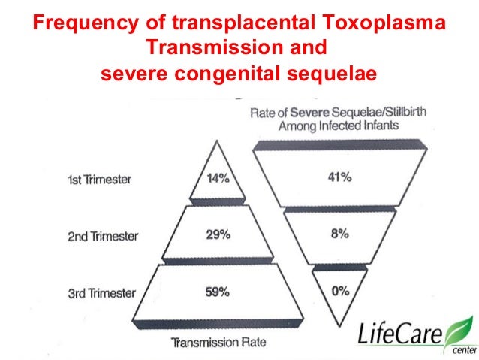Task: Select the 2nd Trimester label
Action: (103, 236)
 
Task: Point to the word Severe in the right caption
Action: (318, 113)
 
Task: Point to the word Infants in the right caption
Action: (377, 126)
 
